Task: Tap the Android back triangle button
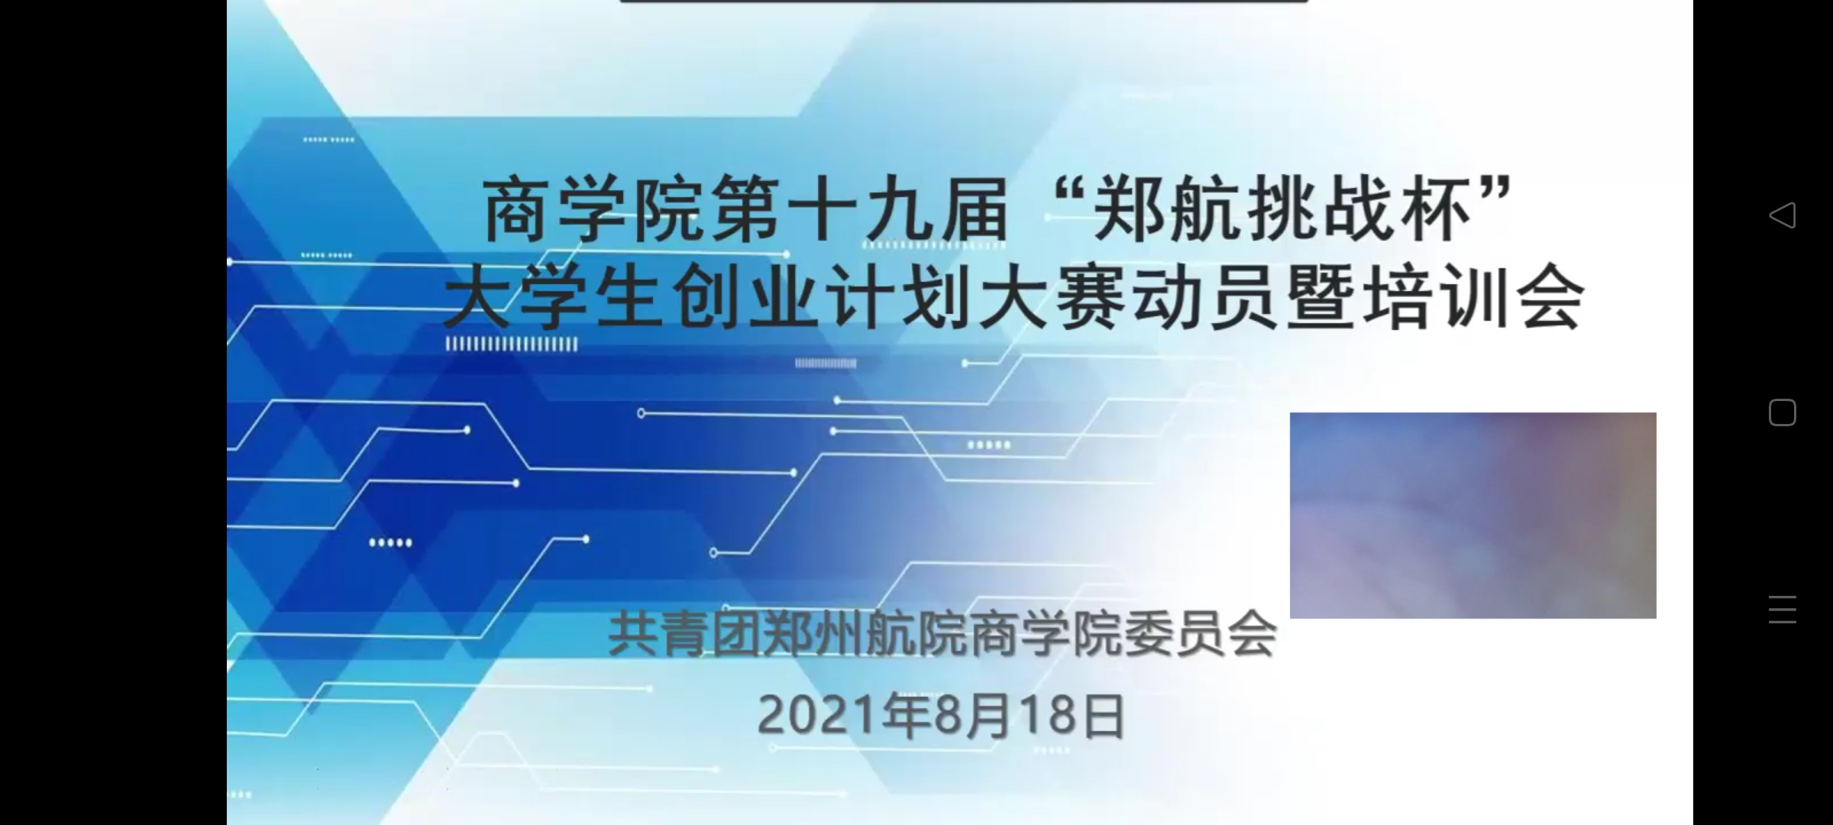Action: [x=1783, y=215]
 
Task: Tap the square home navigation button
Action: [x=1783, y=412]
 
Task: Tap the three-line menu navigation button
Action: [x=1783, y=610]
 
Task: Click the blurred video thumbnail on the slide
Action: [x=1473, y=515]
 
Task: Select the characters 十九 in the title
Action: [x=860, y=210]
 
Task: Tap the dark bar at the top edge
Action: [x=965, y=2]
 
